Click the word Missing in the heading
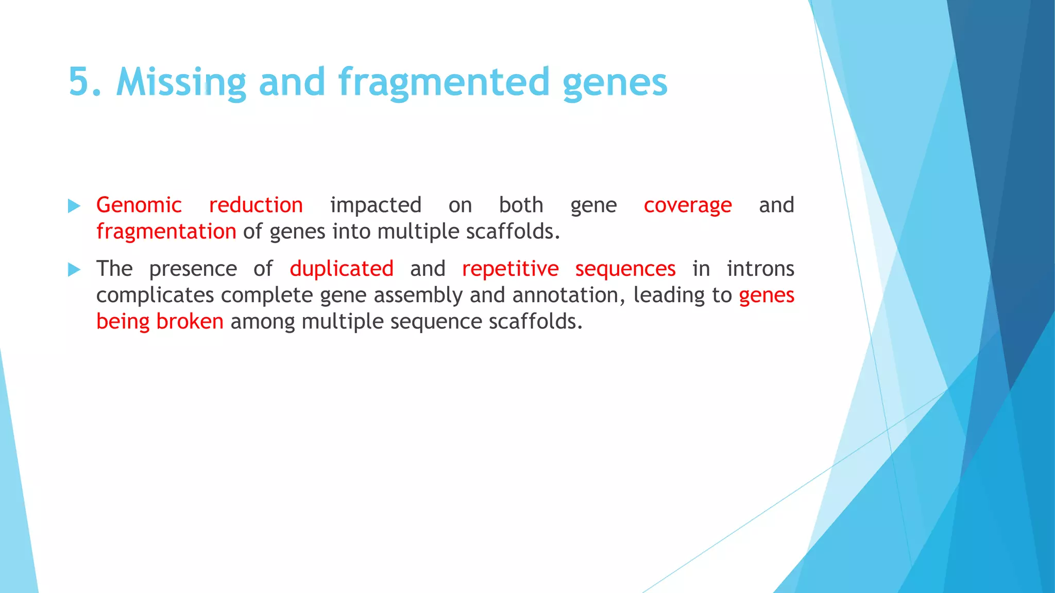pyautogui.click(x=181, y=82)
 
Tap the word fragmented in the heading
pyautogui.click(x=444, y=82)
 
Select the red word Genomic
pyautogui.click(x=139, y=205)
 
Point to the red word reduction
pyautogui.click(x=256, y=205)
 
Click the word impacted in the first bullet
pyautogui.click(x=376, y=205)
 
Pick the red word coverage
pyautogui.click(x=688, y=205)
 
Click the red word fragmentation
pyautogui.click(x=166, y=232)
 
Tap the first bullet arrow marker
pyautogui.click(x=74, y=206)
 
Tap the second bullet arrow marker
pyautogui.click(x=74, y=270)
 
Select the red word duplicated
pyautogui.click(x=342, y=269)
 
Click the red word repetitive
pyautogui.click(x=510, y=269)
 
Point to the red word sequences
pyautogui.click(x=625, y=269)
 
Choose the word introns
pyautogui.click(x=760, y=269)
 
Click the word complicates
pyautogui.click(x=155, y=295)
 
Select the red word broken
pyautogui.click(x=190, y=322)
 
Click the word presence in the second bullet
pyautogui.click(x=193, y=269)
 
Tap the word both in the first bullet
pyautogui.click(x=521, y=205)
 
